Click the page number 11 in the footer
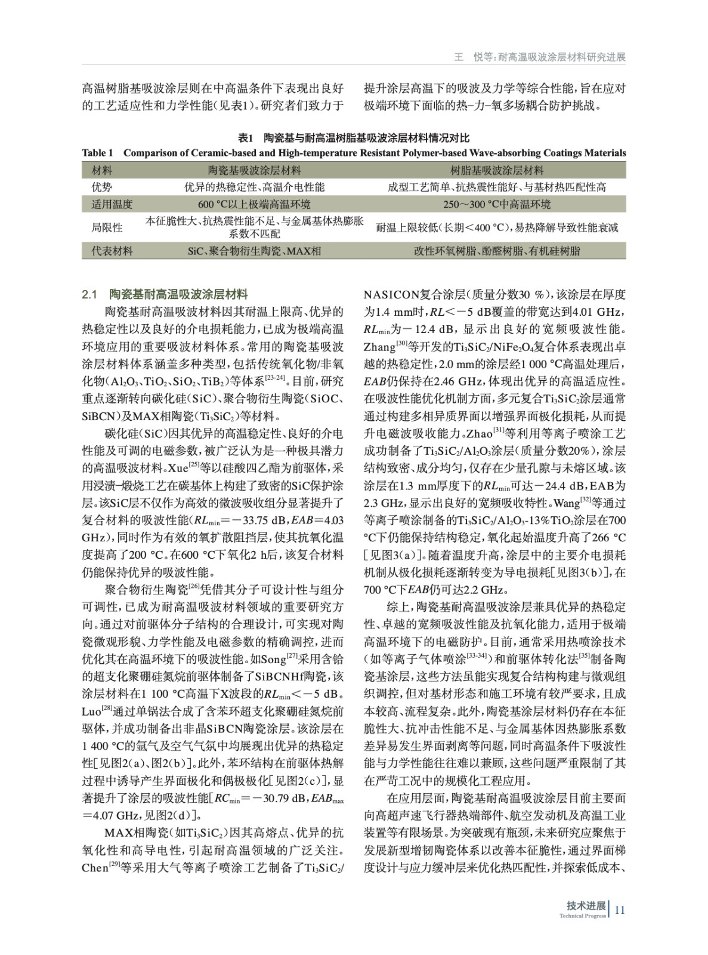tap(619, 910)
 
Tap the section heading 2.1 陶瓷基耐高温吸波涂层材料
tap(165, 294)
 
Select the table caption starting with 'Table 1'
tap(354, 153)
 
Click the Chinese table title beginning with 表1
tap(354, 138)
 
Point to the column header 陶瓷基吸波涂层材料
tap(254, 171)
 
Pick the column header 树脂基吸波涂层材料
tap(496, 171)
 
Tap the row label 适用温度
tap(112, 204)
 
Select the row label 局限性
tap(107, 227)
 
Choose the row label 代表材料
tap(112, 251)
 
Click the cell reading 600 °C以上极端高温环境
tap(254, 204)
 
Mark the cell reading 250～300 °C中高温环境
tap(496, 204)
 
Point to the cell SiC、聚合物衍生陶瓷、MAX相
tap(254, 251)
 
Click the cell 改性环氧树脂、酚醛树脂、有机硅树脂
tap(496, 251)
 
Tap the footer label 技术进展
tap(586, 905)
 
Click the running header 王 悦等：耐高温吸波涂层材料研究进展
tap(540, 57)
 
